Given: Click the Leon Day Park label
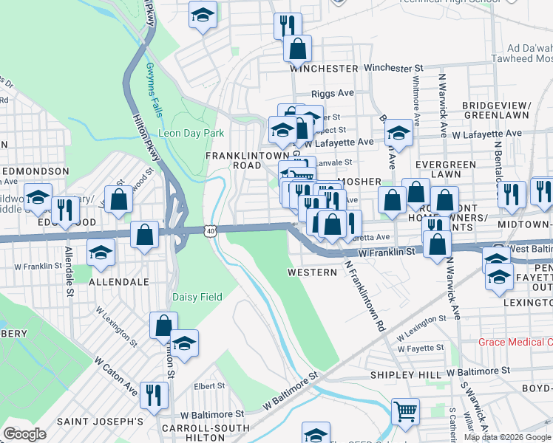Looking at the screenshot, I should (191, 133).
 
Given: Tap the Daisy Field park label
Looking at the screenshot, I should (197, 297).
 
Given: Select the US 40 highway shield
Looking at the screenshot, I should (211, 231).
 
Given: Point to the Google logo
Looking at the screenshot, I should (24, 434).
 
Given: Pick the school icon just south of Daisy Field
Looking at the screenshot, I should (184, 343).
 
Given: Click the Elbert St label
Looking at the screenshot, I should (209, 385).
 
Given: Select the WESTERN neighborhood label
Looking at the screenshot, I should (312, 272).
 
